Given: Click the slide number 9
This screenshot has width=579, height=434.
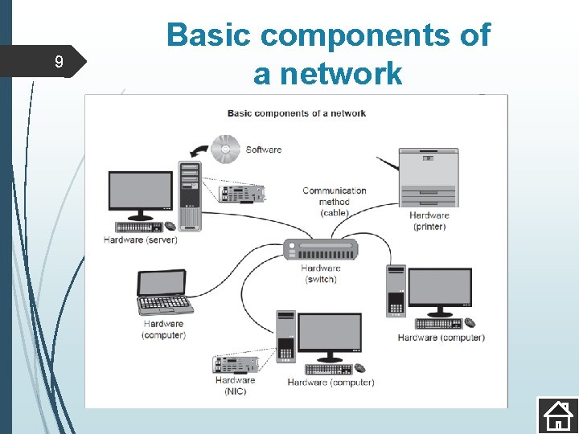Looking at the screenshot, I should click(58, 62).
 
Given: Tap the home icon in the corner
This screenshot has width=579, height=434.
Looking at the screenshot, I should click(557, 416).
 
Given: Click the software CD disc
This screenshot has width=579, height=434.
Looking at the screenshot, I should click(226, 148).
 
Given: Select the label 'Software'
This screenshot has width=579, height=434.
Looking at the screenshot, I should click(264, 149).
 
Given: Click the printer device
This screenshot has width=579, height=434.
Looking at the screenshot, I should click(429, 177).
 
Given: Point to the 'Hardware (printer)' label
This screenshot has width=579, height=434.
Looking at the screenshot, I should click(429, 221).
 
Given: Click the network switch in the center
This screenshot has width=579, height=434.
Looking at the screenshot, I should click(320, 250).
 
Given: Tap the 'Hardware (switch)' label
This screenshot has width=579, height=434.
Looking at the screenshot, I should click(321, 274).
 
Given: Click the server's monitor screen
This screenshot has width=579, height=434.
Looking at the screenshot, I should click(141, 191).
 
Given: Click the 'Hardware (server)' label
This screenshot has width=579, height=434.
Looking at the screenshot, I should click(141, 240).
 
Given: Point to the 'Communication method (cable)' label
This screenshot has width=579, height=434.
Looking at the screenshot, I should click(334, 202).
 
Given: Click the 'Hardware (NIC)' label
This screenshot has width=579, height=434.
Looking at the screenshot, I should click(235, 386).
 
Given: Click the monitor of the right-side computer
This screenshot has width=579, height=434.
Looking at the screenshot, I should click(439, 289).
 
